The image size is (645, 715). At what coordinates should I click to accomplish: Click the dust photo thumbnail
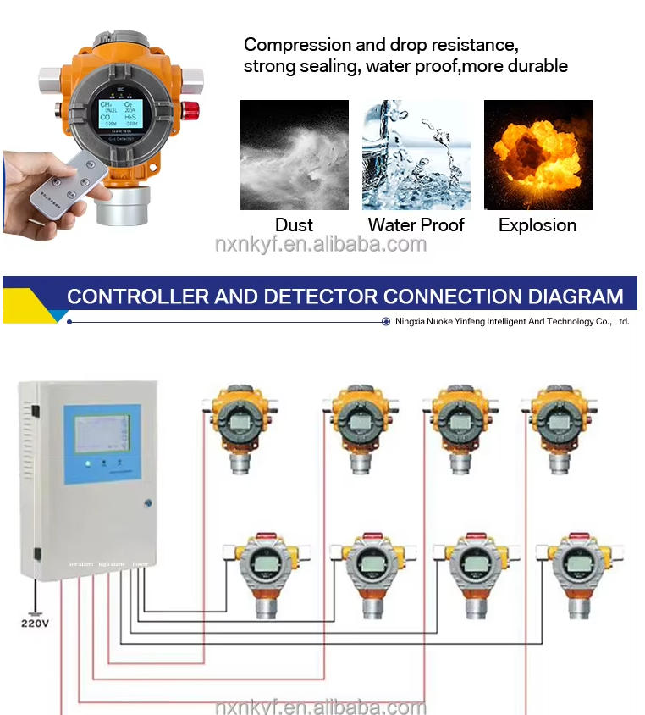pyautogui.click(x=294, y=154)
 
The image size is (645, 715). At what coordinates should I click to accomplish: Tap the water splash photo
pyautogui.click(x=416, y=154)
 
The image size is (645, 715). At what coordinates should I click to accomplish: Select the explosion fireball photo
pyautogui.click(x=537, y=154)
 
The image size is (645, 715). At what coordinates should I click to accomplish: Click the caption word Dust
pyautogui.click(x=294, y=225)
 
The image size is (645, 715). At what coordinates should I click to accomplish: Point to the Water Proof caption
pyautogui.click(x=416, y=225)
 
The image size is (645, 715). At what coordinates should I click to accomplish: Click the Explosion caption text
pyautogui.click(x=537, y=225)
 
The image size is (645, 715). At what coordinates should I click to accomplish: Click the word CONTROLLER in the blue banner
pyautogui.click(x=135, y=297)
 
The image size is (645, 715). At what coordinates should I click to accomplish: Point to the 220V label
pyautogui.click(x=34, y=624)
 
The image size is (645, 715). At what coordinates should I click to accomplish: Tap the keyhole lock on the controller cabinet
pyautogui.click(x=149, y=502)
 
